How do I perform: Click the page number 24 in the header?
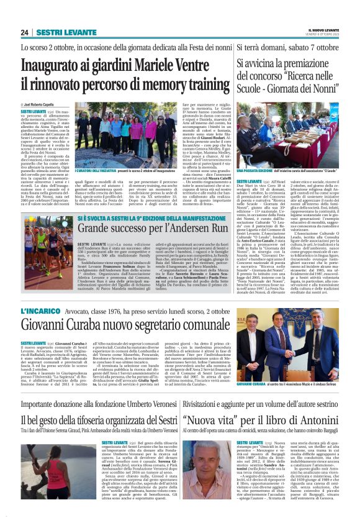click(x=25, y=32)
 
